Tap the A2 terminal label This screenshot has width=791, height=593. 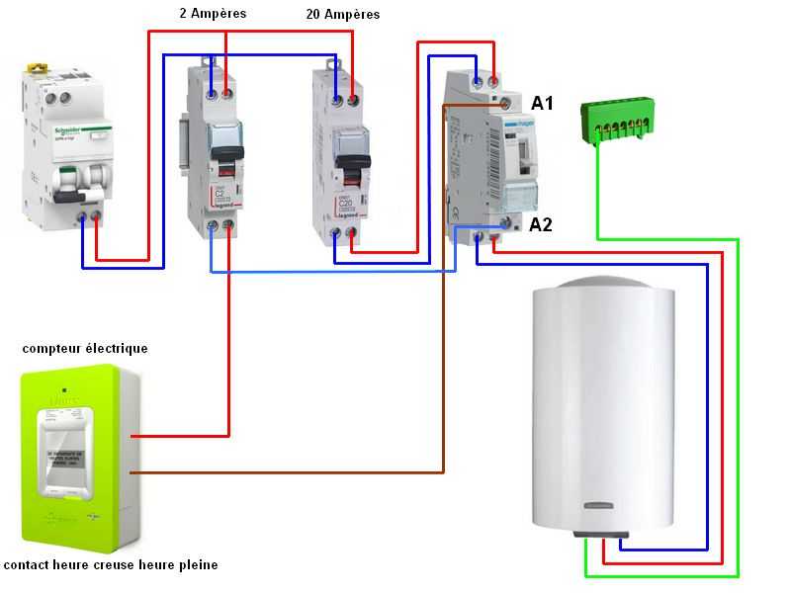[541, 224]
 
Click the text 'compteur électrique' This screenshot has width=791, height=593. [85, 348]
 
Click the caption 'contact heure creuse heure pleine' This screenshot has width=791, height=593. [111, 565]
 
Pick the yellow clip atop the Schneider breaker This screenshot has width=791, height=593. [39, 68]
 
